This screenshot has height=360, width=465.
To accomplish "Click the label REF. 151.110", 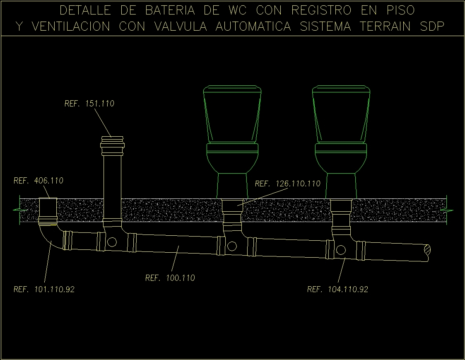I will tap(89, 104).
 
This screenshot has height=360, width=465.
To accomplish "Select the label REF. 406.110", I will tap(38, 181).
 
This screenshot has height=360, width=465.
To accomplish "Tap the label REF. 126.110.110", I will tap(287, 184).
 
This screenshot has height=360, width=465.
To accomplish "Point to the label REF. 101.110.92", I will tap(44, 289).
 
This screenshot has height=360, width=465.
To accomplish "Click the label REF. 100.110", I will tap(170, 278).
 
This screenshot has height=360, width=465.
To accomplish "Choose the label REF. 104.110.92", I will tap(337, 289).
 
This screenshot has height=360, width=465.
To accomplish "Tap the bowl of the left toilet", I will tap(233, 159).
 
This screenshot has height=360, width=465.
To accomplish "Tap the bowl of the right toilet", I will tap(341, 159).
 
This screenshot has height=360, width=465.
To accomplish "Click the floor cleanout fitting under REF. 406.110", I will tap(48, 210).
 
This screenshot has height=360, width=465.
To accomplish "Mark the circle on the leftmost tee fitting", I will tap(112, 242).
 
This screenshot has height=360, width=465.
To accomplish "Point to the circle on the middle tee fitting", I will tap(232, 246).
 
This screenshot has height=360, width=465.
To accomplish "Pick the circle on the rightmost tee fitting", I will tap(340, 250).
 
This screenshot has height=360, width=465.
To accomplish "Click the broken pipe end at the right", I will tap(426, 253).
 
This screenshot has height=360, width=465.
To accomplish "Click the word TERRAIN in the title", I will tap(385, 27).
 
